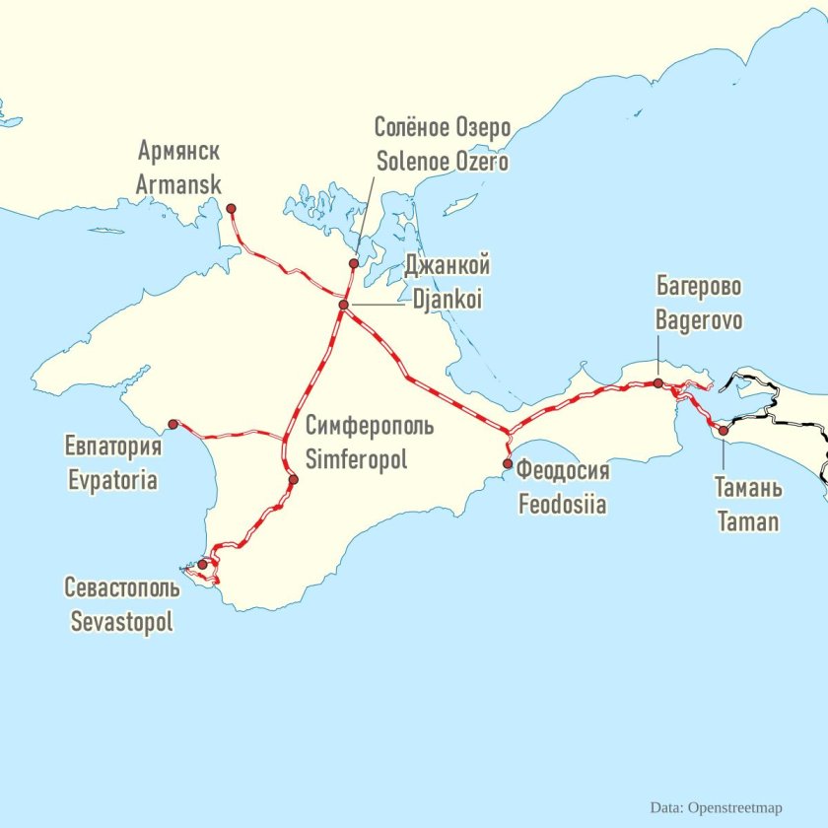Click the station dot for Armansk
[x=232, y=208]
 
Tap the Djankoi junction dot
[x=343, y=306]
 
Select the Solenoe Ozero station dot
[x=354, y=263]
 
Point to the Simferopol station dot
[x=293, y=480]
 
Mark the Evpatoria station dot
[x=172, y=424]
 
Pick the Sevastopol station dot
[x=202, y=565]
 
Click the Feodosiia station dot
[x=508, y=463]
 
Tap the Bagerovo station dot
[x=658, y=382]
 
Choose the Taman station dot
[x=723, y=431]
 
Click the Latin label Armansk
[x=178, y=184]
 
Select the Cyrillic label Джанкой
[x=447, y=266]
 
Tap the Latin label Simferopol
[x=355, y=459]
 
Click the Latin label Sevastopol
[x=121, y=623]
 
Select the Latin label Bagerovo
[x=699, y=321]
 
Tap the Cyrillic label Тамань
[x=748, y=489]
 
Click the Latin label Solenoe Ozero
[x=443, y=161]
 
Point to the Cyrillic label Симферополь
[x=369, y=427]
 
